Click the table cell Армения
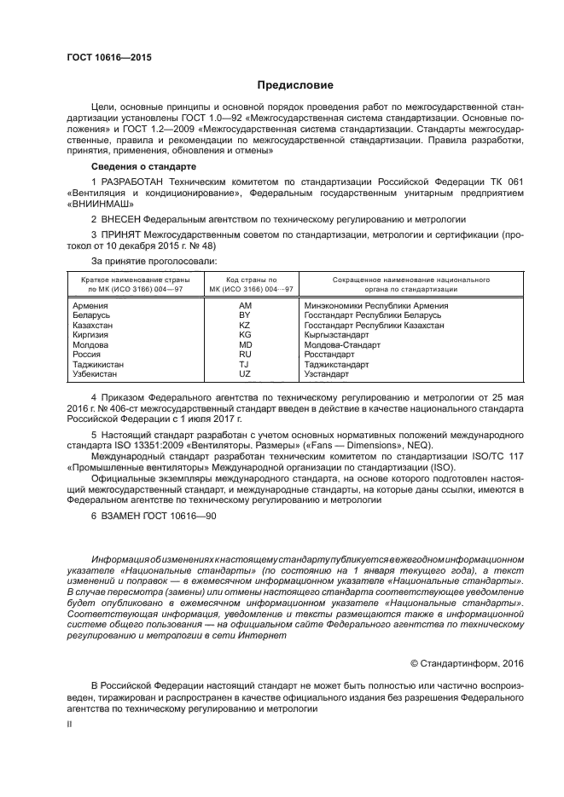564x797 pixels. [90, 305]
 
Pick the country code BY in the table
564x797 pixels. [245, 315]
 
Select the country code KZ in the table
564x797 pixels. [245, 326]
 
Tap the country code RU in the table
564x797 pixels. [245, 354]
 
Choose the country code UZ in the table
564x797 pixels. [245, 373]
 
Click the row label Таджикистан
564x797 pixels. [98, 364]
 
